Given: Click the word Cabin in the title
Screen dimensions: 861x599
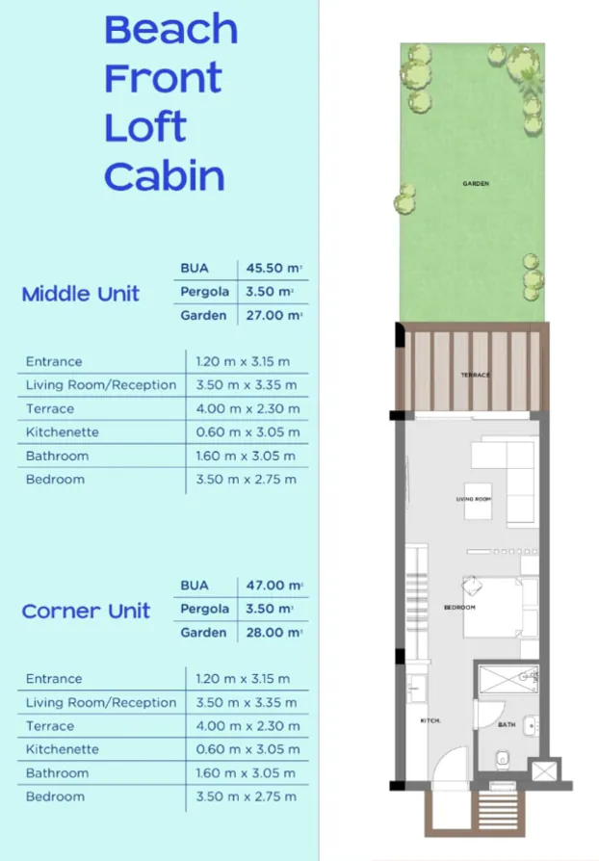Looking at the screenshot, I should pos(165,176).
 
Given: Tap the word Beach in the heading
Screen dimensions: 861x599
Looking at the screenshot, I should pos(170,30).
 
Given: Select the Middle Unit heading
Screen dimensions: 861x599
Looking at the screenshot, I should pos(80,294).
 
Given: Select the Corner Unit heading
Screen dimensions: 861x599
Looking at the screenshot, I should pos(86,611).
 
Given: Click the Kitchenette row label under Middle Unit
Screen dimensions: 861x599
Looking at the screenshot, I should pos(63,432).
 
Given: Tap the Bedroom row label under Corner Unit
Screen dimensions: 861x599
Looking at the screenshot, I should pos(55,796).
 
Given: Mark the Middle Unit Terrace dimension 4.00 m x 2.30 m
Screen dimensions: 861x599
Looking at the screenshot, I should pos(247,409).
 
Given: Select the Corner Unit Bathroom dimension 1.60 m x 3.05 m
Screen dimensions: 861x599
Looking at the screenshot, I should pos(247,773).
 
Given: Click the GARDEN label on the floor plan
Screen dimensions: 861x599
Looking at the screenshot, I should pos(475,183).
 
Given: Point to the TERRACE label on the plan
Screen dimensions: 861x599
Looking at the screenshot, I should pos(475,375).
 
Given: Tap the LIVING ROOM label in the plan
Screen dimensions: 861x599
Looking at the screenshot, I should pos(474,499).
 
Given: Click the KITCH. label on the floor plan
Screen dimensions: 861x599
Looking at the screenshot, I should pos(430,720).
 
